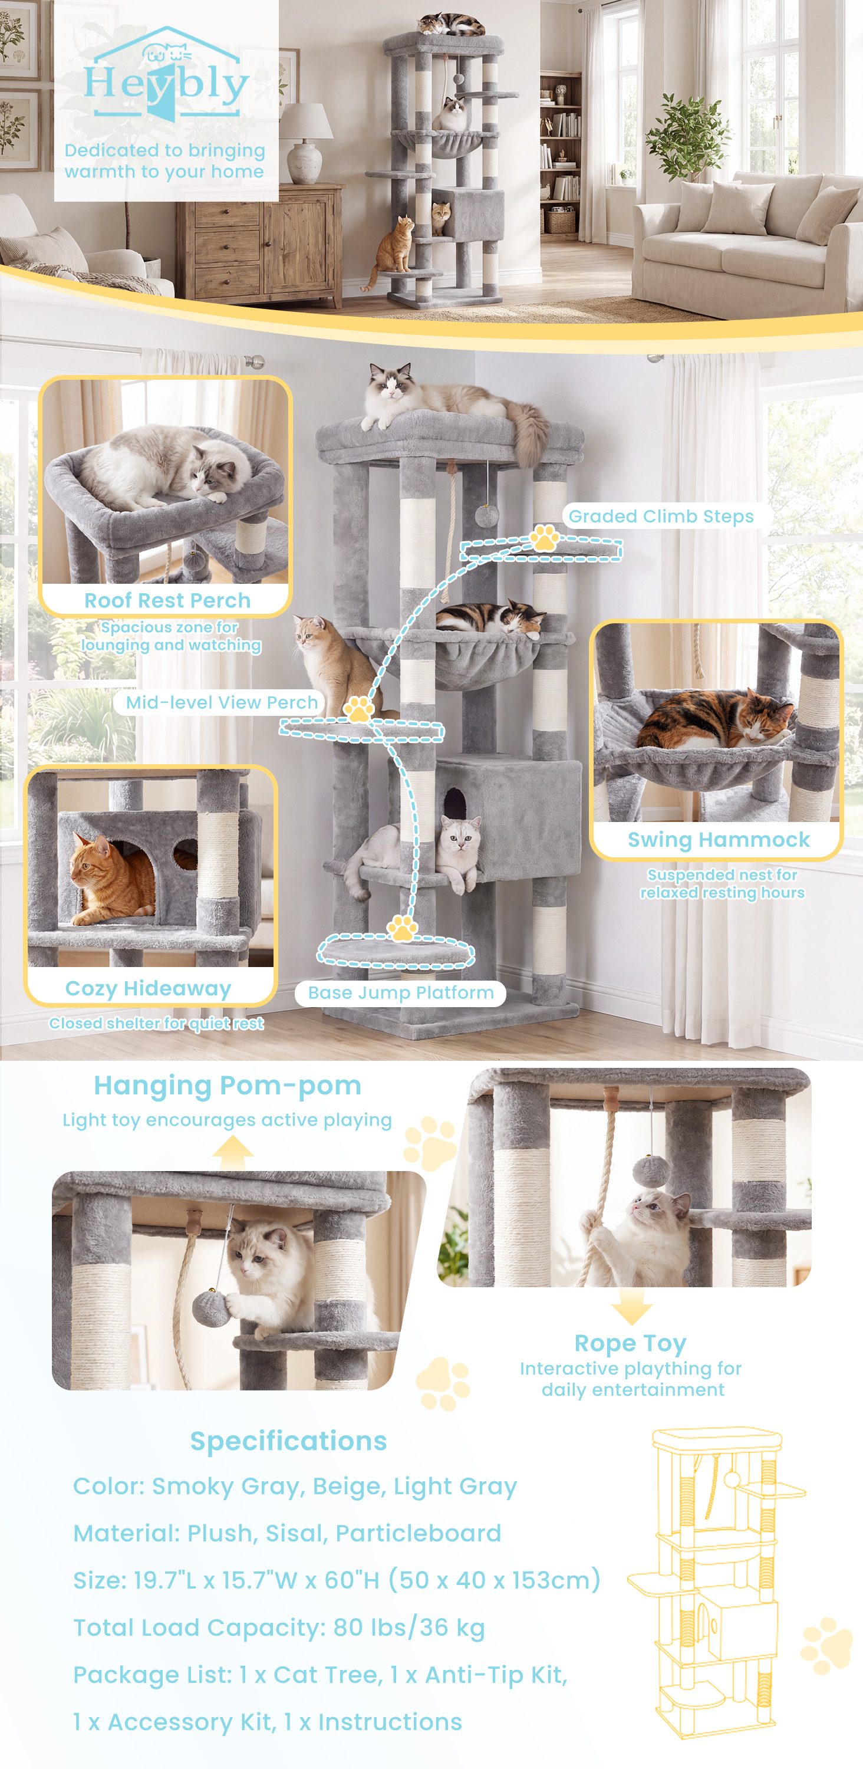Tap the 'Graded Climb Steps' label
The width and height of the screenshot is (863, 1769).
(661, 517)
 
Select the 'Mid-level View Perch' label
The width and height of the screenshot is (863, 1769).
(222, 702)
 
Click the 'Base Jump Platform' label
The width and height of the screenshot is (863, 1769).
(401, 993)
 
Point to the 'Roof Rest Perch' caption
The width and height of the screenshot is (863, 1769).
(167, 600)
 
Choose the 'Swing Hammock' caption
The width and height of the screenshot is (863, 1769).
(719, 840)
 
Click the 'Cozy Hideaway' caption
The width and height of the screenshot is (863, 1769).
(149, 988)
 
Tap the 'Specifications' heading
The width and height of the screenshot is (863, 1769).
(288, 1441)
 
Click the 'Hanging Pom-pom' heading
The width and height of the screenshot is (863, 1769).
(228, 1086)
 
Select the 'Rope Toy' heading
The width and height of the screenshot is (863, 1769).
(630, 1343)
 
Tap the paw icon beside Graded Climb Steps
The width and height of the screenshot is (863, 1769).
(545, 538)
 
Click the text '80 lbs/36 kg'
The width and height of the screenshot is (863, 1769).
(409, 1628)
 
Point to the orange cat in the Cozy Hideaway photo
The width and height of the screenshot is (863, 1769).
(111, 879)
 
